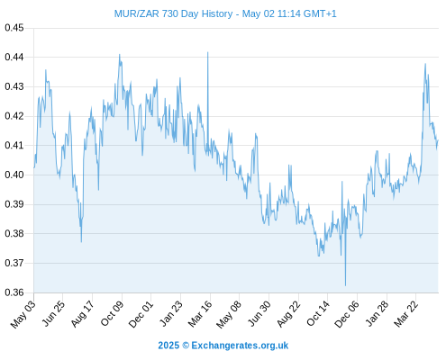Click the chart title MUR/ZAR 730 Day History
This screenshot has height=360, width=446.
[x=173, y=13]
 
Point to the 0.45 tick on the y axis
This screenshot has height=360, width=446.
[x=14, y=28]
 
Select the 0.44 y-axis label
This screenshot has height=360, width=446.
[x=14, y=57]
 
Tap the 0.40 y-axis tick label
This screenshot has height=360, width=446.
[x=14, y=175]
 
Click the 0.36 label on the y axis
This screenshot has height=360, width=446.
[x=14, y=292]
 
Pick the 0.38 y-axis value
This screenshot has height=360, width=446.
[x=14, y=233]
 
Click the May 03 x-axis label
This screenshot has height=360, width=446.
[x=23, y=314]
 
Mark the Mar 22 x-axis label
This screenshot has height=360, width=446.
[x=405, y=313]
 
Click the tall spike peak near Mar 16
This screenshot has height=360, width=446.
[x=207, y=52]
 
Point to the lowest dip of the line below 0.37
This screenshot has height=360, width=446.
[x=345, y=285]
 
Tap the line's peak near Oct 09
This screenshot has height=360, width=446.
[x=119, y=55]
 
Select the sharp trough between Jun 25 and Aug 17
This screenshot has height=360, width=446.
[x=81, y=241]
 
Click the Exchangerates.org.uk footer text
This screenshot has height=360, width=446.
[x=240, y=346]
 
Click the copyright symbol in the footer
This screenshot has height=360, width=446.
[x=186, y=346]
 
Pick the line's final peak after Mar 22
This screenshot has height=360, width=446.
[x=425, y=64]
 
